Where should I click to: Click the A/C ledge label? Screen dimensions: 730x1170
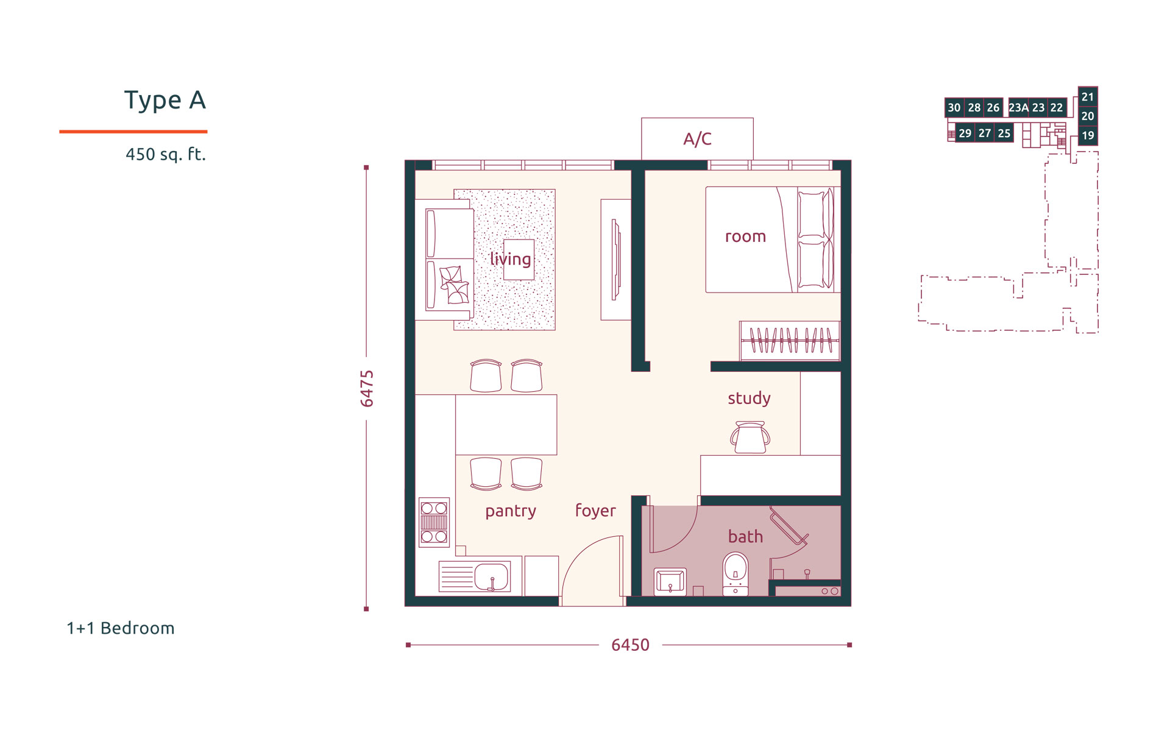coord(697,139)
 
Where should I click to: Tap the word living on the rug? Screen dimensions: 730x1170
coord(510,259)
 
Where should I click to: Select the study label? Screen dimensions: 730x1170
coord(749,398)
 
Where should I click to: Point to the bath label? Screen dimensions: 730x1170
coord(745,536)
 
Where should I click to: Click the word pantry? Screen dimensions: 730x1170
coord(511,511)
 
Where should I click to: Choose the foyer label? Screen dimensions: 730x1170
coord(595,511)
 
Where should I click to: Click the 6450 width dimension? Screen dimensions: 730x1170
coord(630,645)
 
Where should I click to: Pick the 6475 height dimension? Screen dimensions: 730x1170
coord(367,388)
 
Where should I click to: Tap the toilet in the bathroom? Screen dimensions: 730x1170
coord(736,573)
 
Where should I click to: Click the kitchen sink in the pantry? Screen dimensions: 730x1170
coord(491,576)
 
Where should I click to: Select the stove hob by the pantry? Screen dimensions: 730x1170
coord(434,522)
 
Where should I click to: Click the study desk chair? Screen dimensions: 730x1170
coord(750,438)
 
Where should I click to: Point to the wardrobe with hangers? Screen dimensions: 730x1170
coord(790,341)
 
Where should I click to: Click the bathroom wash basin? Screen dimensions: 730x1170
coord(670,581)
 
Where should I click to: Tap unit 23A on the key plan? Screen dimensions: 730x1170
coord(1018,108)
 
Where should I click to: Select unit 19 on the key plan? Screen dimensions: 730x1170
coord(1088,135)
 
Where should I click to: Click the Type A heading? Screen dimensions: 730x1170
coord(165,100)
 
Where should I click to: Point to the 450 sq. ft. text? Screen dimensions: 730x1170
coord(166,154)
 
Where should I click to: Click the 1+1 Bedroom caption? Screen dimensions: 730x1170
coord(121,628)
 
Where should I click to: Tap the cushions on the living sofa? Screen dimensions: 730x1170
coord(454,285)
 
